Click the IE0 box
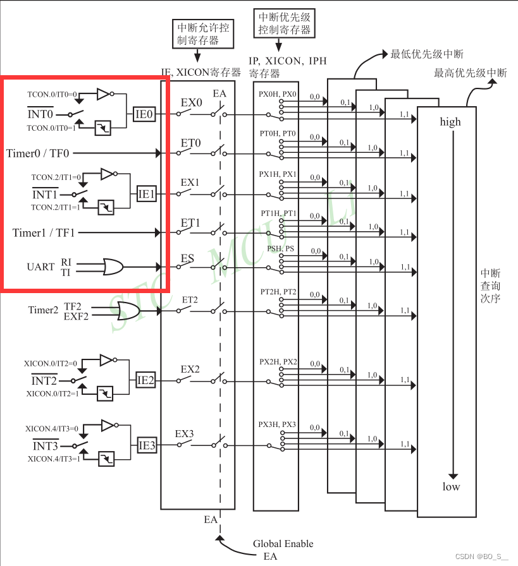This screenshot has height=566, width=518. (144, 114)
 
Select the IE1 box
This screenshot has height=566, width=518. (147, 194)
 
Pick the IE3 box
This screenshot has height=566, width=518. (147, 445)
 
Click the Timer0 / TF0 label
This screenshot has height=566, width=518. (38, 153)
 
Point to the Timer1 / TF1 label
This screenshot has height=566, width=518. (43, 233)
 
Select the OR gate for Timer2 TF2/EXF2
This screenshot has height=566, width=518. (128, 310)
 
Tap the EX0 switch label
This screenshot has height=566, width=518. (190, 102)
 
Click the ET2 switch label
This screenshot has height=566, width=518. (190, 299)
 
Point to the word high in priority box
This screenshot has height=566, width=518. (450, 122)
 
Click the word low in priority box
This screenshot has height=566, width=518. (451, 486)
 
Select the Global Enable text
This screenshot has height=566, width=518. (283, 544)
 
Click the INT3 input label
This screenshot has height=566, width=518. (45, 447)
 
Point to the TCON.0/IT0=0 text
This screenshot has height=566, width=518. (52, 93)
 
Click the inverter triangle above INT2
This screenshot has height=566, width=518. (105, 360)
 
